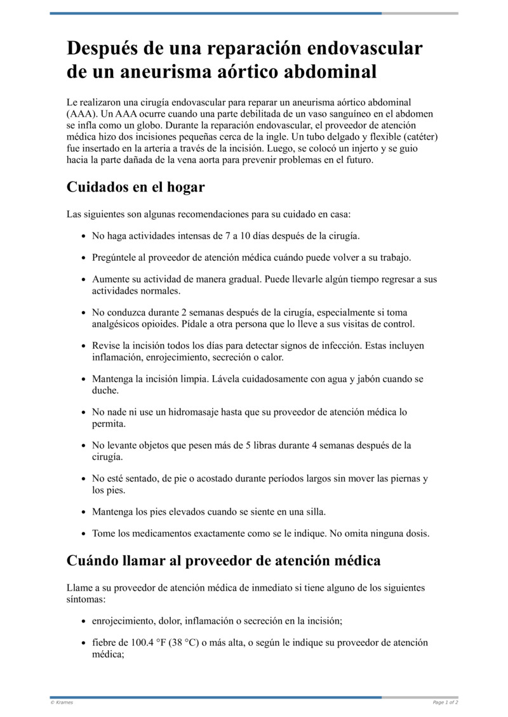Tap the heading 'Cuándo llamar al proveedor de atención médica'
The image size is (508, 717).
pos(224,560)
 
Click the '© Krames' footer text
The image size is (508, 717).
pos(62,702)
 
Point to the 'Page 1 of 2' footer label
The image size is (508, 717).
pos(445,702)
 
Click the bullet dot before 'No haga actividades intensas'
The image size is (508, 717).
pos(84,236)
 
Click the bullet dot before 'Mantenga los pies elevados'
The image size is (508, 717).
pos(84,511)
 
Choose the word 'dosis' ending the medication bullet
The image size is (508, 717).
pos(417,533)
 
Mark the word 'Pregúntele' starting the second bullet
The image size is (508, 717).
pos(115,258)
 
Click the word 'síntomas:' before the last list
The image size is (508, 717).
pos(86,598)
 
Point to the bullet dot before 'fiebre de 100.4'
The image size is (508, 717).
pos(84,643)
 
